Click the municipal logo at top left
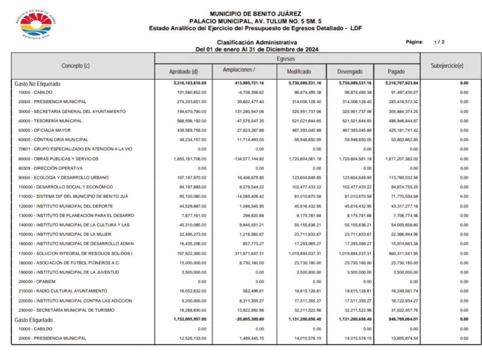tap(36, 25)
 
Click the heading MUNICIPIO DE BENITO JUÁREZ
tap(255, 14)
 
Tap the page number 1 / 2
tap(439, 42)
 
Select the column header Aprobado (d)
tap(183, 72)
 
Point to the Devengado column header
tap(349, 72)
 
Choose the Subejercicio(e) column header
tap(447, 66)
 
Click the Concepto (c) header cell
tap(75, 66)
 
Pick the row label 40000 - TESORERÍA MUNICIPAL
tap(50, 121)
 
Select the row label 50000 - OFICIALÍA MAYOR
tap(45, 130)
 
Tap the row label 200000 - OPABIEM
tap(37, 281)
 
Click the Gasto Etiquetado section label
tap(33, 320)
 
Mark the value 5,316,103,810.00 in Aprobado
tap(190, 83)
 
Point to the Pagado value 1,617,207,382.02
tap(401, 159)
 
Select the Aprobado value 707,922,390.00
tap(191, 253)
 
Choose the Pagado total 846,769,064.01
tap(401, 319)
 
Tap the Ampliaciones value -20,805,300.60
tap(250, 319)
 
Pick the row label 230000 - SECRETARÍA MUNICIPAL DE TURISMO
tap(66, 310)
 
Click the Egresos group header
tap(286, 59)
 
